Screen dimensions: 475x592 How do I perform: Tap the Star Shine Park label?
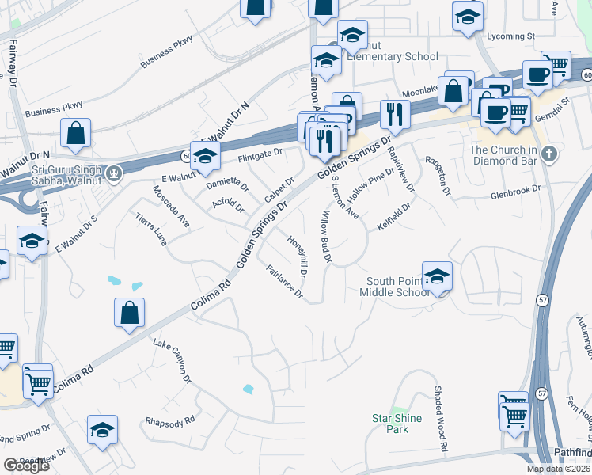click(397, 423)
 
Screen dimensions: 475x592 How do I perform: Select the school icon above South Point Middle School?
click(437, 276)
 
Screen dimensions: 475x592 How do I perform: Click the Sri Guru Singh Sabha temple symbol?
click(115, 172)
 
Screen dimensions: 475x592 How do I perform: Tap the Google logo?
click(26, 465)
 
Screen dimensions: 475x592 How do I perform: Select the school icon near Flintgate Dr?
click(205, 157)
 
